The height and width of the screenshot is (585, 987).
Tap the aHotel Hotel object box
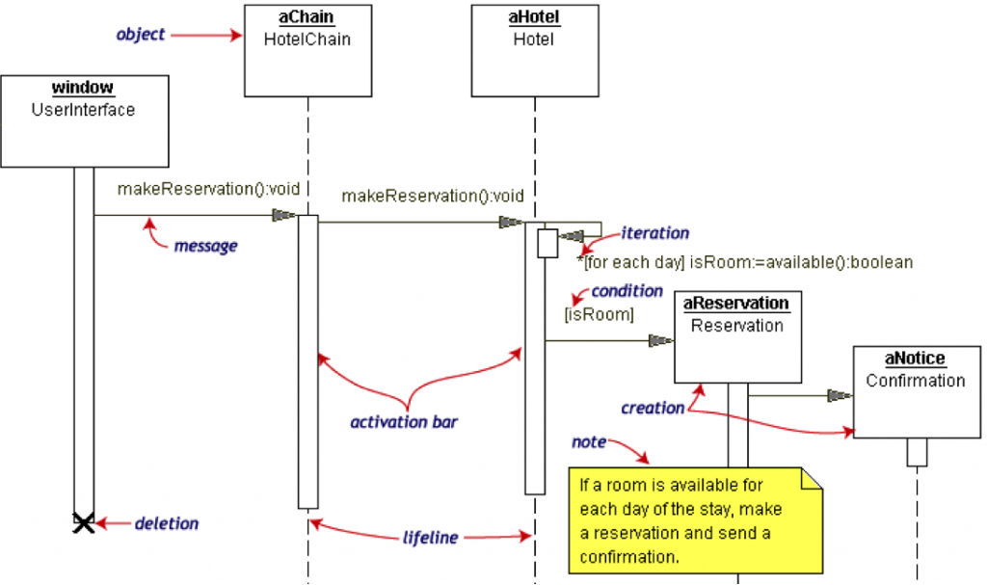click(x=533, y=49)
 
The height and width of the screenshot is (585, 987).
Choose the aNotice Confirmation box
click(x=916, y=391)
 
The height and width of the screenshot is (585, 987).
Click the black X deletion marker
click(x=84, y=523)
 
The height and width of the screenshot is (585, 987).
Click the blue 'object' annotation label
click(x=141, y=35)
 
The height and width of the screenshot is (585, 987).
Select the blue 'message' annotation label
click(x=205, y=246)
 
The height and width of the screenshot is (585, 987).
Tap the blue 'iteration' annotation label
click(x=654, y=232)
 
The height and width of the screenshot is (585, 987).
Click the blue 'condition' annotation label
click(x=627, y=290)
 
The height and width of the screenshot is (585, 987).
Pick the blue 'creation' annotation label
click(x=653, y=408)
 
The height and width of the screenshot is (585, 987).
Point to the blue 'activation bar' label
click(x=403, y=421)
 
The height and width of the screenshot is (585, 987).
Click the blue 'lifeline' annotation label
click(x=430, y=537)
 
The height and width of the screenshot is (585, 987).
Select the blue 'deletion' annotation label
click(x=166, y=523)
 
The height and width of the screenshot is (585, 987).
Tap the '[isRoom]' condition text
click(x=599, y=314)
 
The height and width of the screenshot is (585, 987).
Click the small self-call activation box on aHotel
click(x=547, y=243)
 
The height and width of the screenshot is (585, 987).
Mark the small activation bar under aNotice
click(x=917, y=452)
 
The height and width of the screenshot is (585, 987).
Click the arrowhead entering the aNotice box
click(x=840, y=394)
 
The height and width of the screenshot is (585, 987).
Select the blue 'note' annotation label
click(x=589, y=441)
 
